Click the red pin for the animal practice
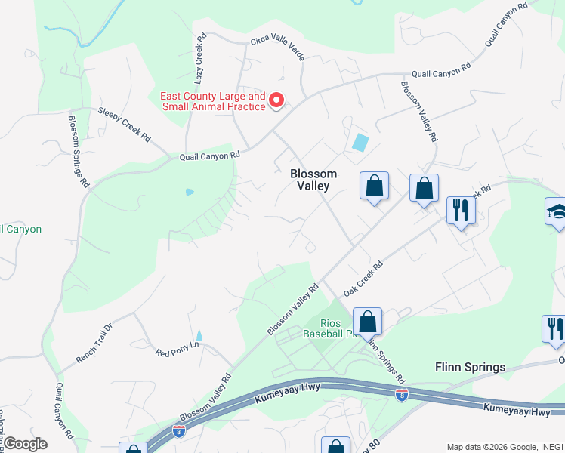(276, 100)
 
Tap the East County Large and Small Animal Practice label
(213, 101)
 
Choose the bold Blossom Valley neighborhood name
(313, 180)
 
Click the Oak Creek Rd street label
(364, 279)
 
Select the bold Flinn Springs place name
(470, 367)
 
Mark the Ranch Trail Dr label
(94, 344)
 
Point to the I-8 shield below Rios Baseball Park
(401, 394)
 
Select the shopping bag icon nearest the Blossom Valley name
(374, 186)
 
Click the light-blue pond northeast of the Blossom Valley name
(360, 141)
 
